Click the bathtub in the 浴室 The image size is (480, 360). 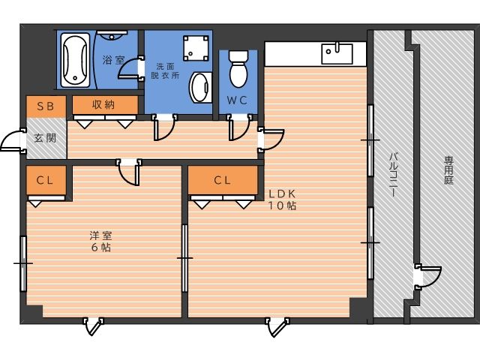coord(75,60)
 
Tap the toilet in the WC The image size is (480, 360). coord(238,69)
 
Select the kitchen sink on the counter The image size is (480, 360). coord(337,54)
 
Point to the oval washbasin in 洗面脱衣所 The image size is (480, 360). coord(201,88)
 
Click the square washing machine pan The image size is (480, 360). coord(196,48)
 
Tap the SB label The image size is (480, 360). coord(46,106)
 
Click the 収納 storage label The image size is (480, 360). coord(103,105)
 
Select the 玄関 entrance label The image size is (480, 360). coord(45,138)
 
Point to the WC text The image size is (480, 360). coord(237,100)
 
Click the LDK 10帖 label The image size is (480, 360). coord(282,199)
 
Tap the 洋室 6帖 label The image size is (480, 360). coord(101,241)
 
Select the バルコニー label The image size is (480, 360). coord(393,175)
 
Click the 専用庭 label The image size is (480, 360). coord(448,170)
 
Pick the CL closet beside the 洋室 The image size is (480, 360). coord(46,180)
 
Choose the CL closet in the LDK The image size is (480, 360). coord(223,180)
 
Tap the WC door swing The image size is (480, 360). coord(240,128)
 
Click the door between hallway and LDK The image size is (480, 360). coord(271,139)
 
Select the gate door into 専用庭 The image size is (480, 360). coord(428,277)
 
